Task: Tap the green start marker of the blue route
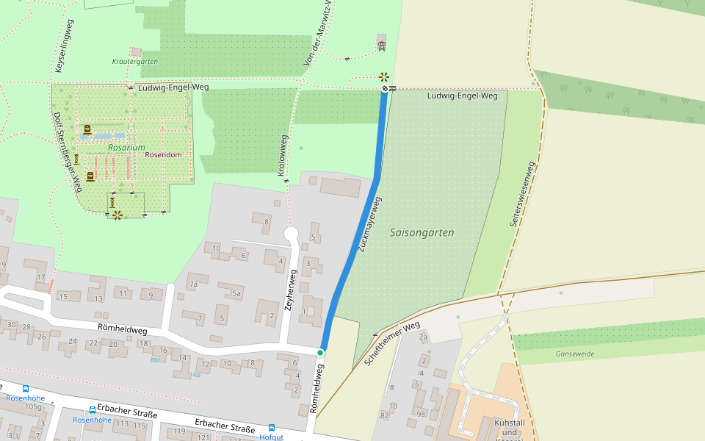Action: [x=320, y=354]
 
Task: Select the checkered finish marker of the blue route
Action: [x=384, y=89]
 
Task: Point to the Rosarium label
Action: [x=126, y=148]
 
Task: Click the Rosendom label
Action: [x=162, y=155]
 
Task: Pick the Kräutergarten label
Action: [x=134, y=62]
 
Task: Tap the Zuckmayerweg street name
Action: [x=369, y=224]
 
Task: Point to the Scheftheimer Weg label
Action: [x=392, y=344]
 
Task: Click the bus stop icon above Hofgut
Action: [x=272, y=427]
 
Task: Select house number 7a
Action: [x=193, y=284]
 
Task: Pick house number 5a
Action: [x=236, y=293]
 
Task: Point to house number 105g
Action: [x=33, y=406]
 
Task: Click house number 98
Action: [x=421, y=415]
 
